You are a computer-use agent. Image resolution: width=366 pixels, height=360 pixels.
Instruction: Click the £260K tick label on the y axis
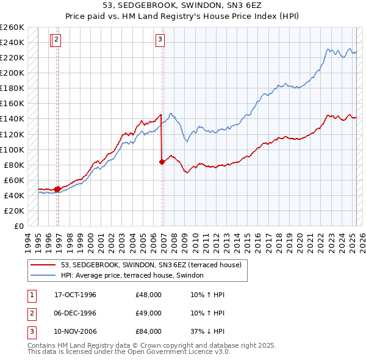coord(12,27)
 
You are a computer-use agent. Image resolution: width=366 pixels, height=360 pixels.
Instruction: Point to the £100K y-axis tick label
coord(12,149)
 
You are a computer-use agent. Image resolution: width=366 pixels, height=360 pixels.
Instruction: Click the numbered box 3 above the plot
coord(160,40)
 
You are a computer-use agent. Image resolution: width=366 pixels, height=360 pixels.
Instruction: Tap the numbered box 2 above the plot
coord(56,40)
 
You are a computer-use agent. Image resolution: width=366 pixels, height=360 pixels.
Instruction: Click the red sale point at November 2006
coord(162,162)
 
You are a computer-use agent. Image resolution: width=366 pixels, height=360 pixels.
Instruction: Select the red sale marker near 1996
coord(57,189)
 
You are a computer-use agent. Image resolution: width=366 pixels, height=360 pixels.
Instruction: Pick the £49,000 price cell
coord(148,313)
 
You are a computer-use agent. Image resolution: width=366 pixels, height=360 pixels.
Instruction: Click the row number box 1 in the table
coord(31,295)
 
